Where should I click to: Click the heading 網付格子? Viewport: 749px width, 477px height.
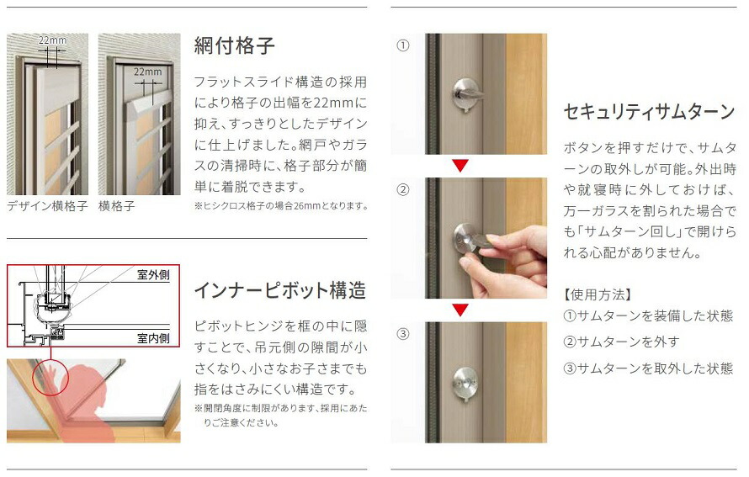[x=234, y=45]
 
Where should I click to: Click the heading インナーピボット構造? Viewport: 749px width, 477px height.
[x=279, y=291]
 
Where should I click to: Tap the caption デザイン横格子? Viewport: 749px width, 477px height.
[x=47, y=206]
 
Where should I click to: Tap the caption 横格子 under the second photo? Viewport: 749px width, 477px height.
[x=117, y=206]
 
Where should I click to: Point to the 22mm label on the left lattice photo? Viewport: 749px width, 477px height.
[x=51, y=40]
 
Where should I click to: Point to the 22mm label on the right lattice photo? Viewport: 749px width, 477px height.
[x=148, y=72]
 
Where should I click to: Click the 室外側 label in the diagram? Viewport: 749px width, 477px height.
[x=153, y=275]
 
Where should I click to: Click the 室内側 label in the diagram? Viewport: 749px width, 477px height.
[x=153, y=338]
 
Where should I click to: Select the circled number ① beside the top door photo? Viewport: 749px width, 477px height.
[x=403, y=46]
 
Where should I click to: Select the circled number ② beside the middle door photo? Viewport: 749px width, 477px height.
[x=403, y=189]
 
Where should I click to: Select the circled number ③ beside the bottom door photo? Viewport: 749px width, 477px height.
[x=403, y=333]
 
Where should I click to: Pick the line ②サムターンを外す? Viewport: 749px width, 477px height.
[x=621, y=342]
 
